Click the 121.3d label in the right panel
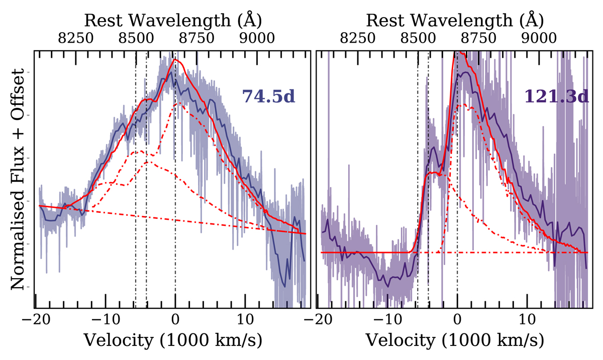(x=556, y=96)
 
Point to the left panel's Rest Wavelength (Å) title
(x=172, y=20)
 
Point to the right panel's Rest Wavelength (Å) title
(x=454, y=20)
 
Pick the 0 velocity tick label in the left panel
(x=175, y=319)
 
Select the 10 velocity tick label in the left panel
(x=246, y=319)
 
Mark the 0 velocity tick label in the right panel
(x=457, y=319)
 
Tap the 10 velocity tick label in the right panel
(x=528, y=319)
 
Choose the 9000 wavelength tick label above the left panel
(x=257, y=39)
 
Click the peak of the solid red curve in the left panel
(x=175, y=60)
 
